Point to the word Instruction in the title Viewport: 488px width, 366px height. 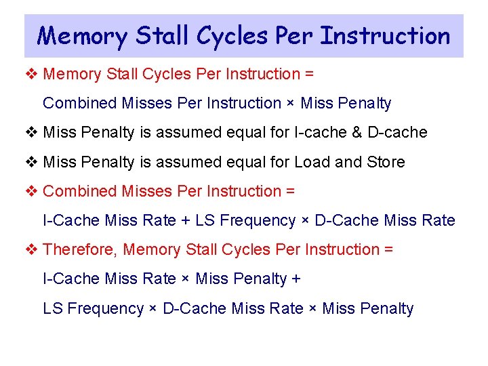[x=385, y=35]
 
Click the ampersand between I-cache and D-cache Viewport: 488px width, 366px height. [x=358, y=132]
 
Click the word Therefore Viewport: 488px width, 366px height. [x=80, y=249]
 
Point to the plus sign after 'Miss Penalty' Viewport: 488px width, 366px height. [x=296, y=279]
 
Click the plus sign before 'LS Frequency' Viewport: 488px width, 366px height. [x=184, y=220]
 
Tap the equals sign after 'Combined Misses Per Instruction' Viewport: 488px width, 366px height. [x=290, y=191]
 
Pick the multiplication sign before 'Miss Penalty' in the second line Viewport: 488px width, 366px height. [x=291, y=104]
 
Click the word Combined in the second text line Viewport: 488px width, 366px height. [x=80, y=103]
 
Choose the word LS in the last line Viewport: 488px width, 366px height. [x=53, y=308]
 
